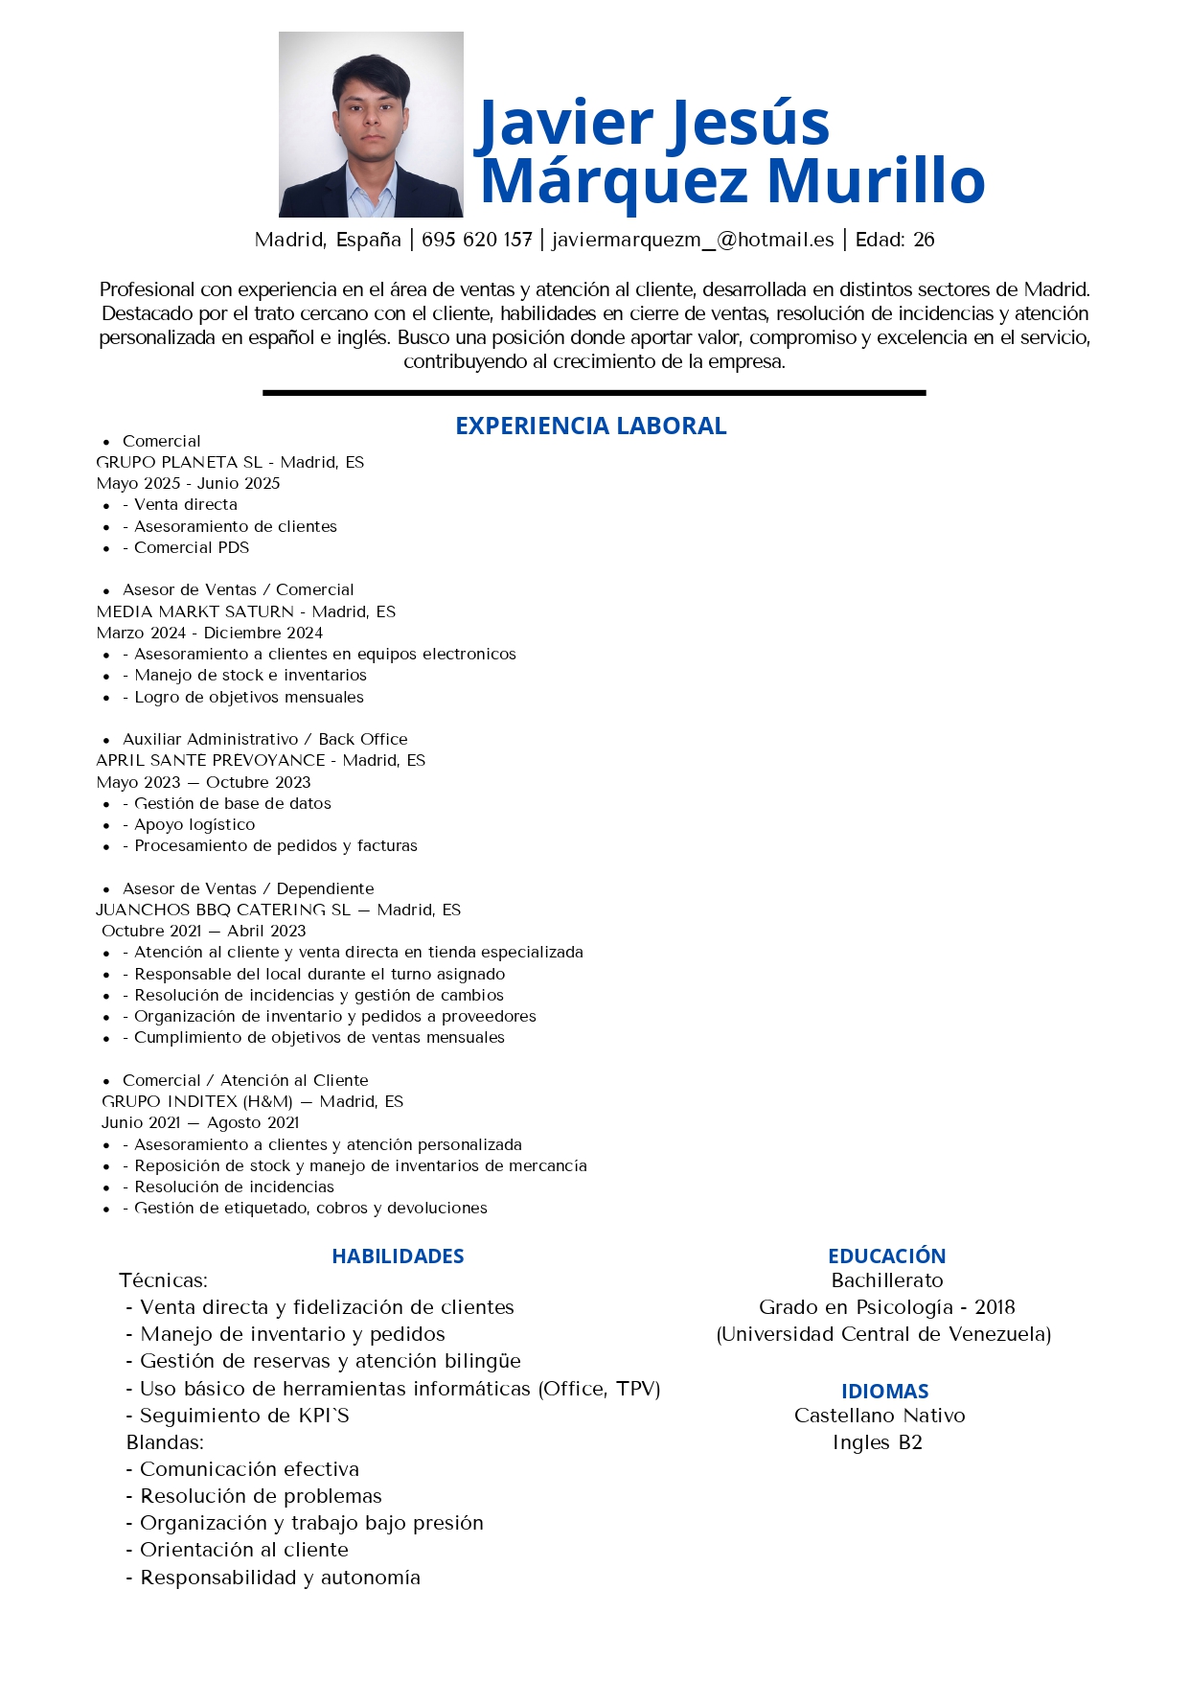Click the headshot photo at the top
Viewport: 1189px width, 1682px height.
371,125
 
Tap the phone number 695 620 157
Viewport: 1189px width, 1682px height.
476,240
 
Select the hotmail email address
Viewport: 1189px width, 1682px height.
693,240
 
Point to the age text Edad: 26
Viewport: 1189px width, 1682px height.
895,240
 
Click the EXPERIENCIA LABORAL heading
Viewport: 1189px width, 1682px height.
591,426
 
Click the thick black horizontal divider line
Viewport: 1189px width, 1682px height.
594,393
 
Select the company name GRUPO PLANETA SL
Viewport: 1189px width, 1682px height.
179,462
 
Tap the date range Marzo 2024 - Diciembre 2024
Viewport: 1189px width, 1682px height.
210,633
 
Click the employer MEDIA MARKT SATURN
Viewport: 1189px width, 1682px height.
195,611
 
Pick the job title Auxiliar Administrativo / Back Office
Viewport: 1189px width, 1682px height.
265,739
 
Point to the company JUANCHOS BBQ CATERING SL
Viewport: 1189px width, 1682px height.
223,910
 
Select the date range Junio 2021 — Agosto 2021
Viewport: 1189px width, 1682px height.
200,1122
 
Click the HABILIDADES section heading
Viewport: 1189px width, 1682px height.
398,1256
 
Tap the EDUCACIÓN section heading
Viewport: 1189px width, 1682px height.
887,1256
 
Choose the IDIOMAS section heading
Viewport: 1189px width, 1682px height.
885,1391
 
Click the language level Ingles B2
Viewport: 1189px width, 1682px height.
878,1442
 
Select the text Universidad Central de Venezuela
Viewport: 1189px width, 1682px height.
883,1334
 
